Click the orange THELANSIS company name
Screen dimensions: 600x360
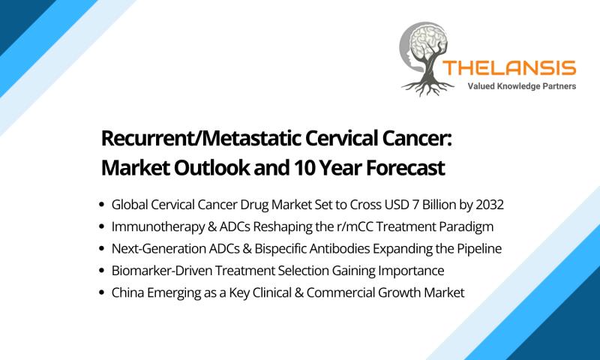(509, 68)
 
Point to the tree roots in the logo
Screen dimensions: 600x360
(427, 88)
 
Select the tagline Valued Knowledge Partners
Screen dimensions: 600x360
(521, 86)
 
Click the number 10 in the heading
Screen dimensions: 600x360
(304, 167)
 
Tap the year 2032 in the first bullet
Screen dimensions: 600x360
(490, 205)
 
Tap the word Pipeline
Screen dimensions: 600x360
(479, 249)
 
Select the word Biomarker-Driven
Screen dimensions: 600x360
(162, 271)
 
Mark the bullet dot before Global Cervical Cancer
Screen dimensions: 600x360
(101, 205)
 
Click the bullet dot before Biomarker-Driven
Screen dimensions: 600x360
(101, 271)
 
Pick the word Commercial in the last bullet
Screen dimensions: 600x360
(340, 292)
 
